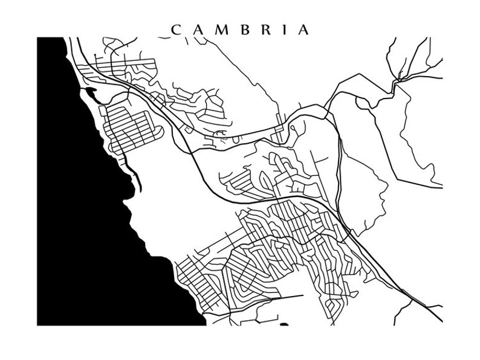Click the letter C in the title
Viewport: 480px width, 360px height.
coord(176,30)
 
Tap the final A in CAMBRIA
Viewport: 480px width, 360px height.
coord(303,30)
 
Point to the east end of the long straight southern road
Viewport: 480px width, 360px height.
coord(302,296)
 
